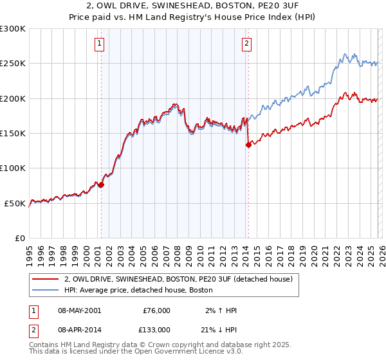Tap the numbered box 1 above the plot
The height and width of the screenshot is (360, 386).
tap(100, 44)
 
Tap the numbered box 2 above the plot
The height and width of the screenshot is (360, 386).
tap(247, 44)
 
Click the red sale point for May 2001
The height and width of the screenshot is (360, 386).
tap(101, 184)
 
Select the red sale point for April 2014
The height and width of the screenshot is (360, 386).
tap(248, 145)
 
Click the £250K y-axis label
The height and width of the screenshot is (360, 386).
tap(14, 64)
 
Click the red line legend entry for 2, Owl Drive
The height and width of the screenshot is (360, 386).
tap(178, 279)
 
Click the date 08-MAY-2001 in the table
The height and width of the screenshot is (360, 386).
tap(79, 310)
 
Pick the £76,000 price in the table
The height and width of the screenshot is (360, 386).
tap(156, 310)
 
